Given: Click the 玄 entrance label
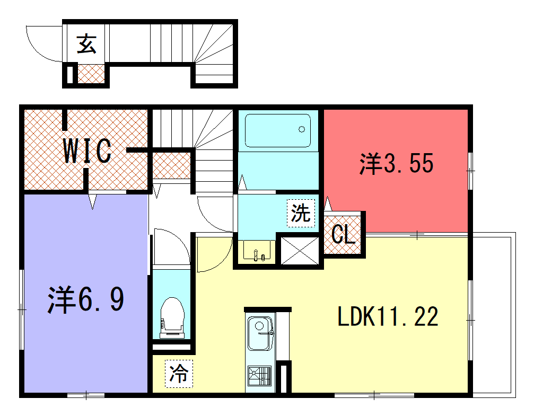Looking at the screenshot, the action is (x=86, y=44).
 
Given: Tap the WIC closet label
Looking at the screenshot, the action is (x=87, y=151).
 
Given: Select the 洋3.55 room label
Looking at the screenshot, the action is (x=397, y=163).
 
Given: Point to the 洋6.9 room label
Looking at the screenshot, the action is (x=86, y=299).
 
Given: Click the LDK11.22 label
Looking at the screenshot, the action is (x=388, y=316).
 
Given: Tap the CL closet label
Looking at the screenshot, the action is (x=343, y=235).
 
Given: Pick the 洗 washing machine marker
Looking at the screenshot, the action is (x=301, y=213).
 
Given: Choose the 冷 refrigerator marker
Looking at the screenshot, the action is (x=179, y=374).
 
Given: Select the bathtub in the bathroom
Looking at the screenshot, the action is (x=278, y=130).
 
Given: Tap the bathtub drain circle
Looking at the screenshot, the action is (x=302, y=129).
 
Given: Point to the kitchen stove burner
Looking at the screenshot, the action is (x=260, y=376).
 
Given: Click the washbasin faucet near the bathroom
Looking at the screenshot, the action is (x=259, y=255).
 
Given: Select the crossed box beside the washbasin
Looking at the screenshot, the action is (x=300, y=251).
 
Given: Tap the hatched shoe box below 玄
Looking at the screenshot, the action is (x=91, y=74).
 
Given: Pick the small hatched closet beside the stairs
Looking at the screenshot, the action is (x=171, y=166).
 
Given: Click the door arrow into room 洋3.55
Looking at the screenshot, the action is (x=328, y=203).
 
